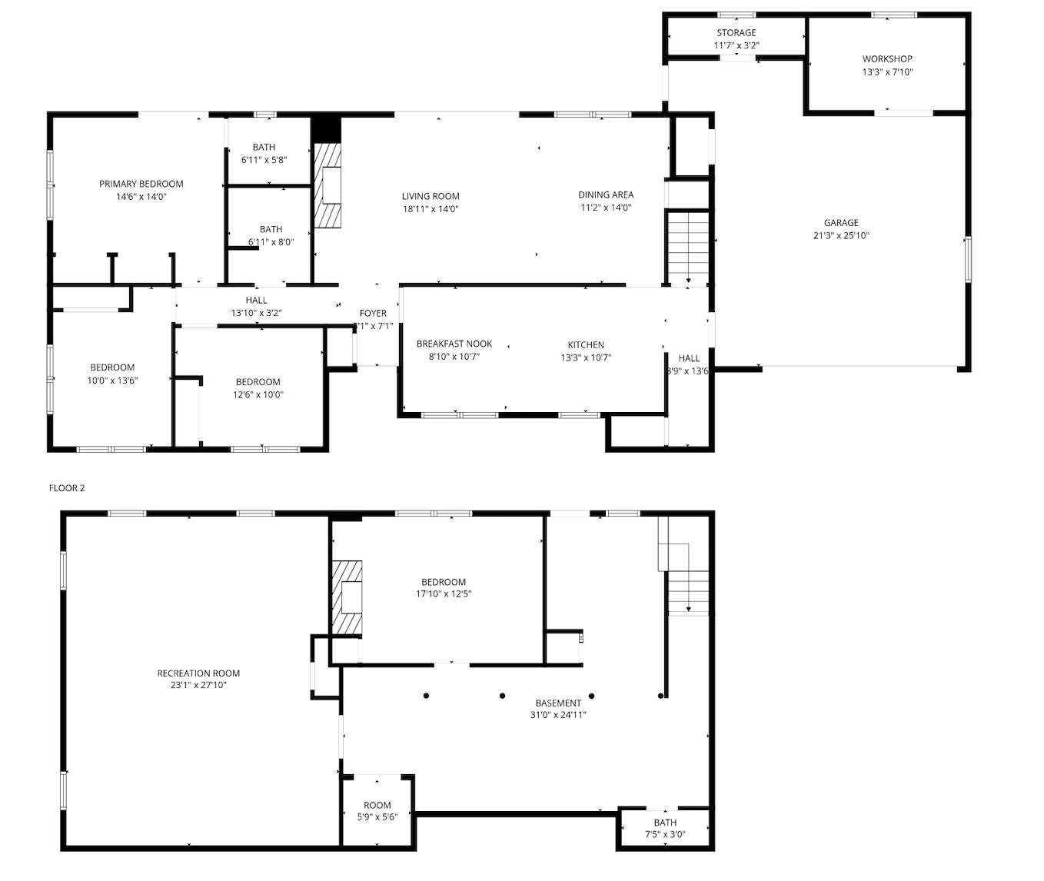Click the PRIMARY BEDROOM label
141,184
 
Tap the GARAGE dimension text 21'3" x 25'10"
841,236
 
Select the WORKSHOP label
886,59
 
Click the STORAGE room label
736,33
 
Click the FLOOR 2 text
67,488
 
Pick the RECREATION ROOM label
198,673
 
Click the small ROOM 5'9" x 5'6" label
377,805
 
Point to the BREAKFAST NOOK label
454,344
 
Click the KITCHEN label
586,345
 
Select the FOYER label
373,314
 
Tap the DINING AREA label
606,195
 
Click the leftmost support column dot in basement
426,696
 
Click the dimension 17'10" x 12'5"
443,594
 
